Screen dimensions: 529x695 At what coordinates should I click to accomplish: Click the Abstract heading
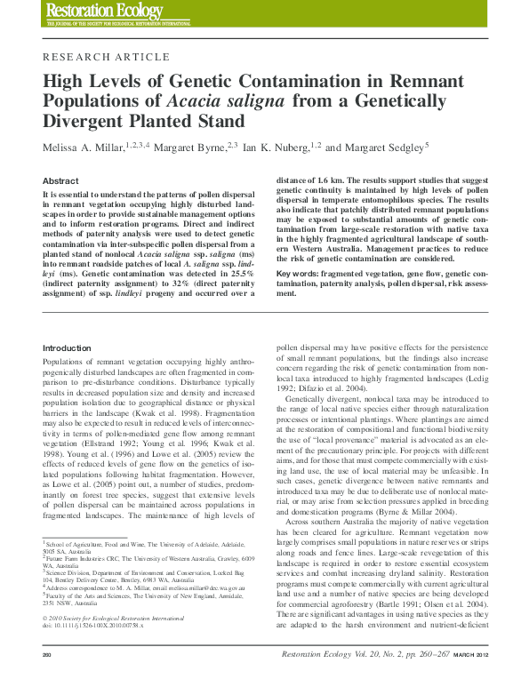[60, 180]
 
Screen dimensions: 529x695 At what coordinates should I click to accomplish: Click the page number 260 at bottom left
[49, 680]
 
